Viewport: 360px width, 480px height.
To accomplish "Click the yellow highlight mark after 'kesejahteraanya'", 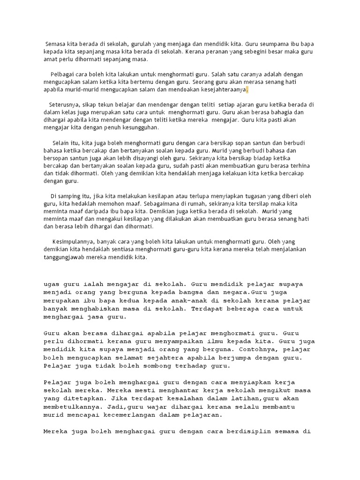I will pyautogui.click(x=247, y=90).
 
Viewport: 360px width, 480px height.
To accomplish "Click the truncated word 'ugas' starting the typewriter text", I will pyautogui.click(x=52, y=284).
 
